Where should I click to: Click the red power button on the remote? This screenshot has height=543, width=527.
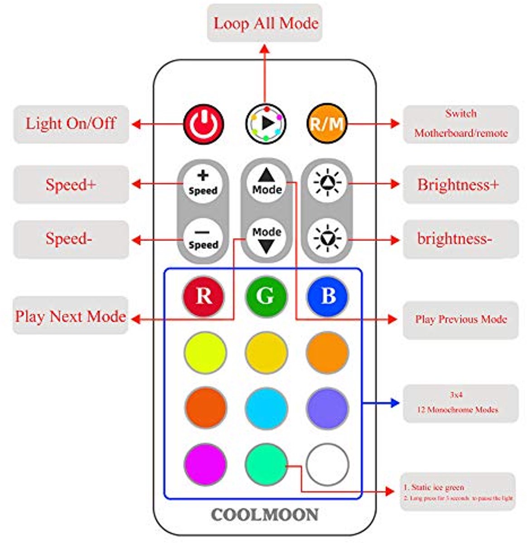pyautogui.click(x=203, y=124)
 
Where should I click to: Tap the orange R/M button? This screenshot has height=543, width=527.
pyautogui.click(x=327, y=124)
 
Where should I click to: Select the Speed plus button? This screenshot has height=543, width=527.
pyautogui.click(x=203, y=183)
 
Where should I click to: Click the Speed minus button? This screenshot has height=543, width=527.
pyautogui.click(x=203, y=238)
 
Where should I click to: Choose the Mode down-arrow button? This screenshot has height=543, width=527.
pyautogui.click(x=267, y=239)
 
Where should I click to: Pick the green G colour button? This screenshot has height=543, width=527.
pyautogui.click(x=266, y=296)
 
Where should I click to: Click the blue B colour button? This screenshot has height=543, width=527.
pyautogui.click(x=328, y=296)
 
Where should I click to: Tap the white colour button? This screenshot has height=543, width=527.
pyautogui.click(x=328, y=465)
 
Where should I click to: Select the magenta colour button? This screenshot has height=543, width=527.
pyautogui.click(x=205, y=465)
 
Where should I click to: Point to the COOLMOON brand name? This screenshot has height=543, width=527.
pyautogui.click(x=265, y=515)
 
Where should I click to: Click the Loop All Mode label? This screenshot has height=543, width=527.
pyautogui.click(x=265, y=23)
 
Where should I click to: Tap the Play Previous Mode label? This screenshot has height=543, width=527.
pyautogui.click(x=460, y=319)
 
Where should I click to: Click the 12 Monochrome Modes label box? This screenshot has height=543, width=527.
pyautogui.click(x=460, y=403)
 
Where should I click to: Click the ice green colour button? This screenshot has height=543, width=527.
pyautogui.click(x=266, y=465)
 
